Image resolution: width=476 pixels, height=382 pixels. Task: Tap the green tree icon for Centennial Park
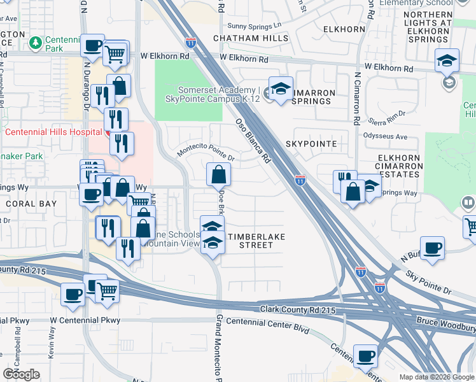(36, 43)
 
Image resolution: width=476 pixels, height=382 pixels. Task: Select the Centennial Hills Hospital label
(53, 132)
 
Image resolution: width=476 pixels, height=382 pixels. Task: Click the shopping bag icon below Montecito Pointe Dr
(218, 174)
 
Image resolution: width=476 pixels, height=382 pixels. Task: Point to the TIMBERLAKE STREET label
(256, 241)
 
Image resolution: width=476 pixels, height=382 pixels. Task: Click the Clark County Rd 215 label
(297, 309)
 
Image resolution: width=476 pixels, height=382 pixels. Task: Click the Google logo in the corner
(21, 374)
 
